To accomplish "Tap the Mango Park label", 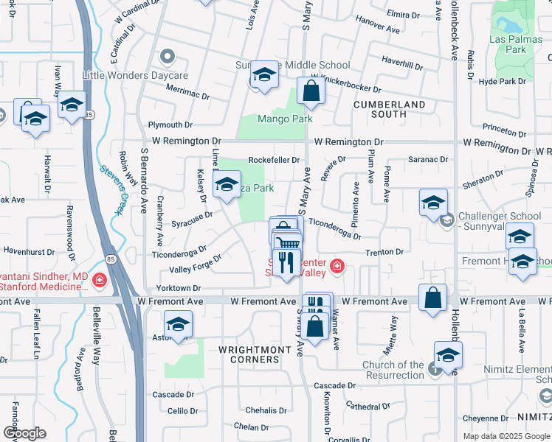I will [x=285, y=119].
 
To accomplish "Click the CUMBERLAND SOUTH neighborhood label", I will [x=389, y=109].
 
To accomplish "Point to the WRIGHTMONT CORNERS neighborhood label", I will [x=249, y=354].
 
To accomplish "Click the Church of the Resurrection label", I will [x=393, y=370].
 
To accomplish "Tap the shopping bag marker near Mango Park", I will [x=311, y=91].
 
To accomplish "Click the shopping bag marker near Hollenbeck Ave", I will [x=433, y=298].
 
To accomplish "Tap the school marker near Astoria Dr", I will [x=178, y=324].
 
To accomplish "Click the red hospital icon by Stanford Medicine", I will [x=98, y=281].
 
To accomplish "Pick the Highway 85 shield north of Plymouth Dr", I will [x=89, y=115].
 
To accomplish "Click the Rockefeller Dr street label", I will [x=274, y=160].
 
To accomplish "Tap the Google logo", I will [x=24, y=433].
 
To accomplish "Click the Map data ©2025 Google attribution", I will [x=506, y=436].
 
